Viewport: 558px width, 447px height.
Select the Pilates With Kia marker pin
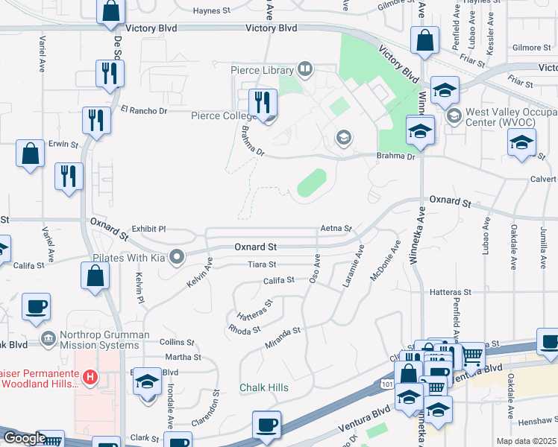tap(177, 258)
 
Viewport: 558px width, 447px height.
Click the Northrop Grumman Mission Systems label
tap(100, 340)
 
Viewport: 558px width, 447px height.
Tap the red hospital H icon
tap(90, 378)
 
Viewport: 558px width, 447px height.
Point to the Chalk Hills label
tap(263, 388)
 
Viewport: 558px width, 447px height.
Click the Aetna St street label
tap(335, 228)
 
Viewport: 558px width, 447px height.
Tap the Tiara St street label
tap(262, 264)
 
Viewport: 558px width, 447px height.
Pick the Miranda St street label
tap(283, 337)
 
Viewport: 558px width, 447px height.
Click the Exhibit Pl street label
tap(148, 229)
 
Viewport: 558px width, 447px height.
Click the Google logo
tap(25, 438)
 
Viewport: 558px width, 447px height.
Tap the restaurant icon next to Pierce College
tap(262, 102)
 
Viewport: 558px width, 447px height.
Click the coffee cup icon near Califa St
tap(37, 306)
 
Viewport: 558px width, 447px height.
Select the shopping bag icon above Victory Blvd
tap(110, 11)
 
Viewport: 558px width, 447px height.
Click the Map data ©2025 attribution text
tap(527, 442)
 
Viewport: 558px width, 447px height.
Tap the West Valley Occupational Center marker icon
tap(454, 116)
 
